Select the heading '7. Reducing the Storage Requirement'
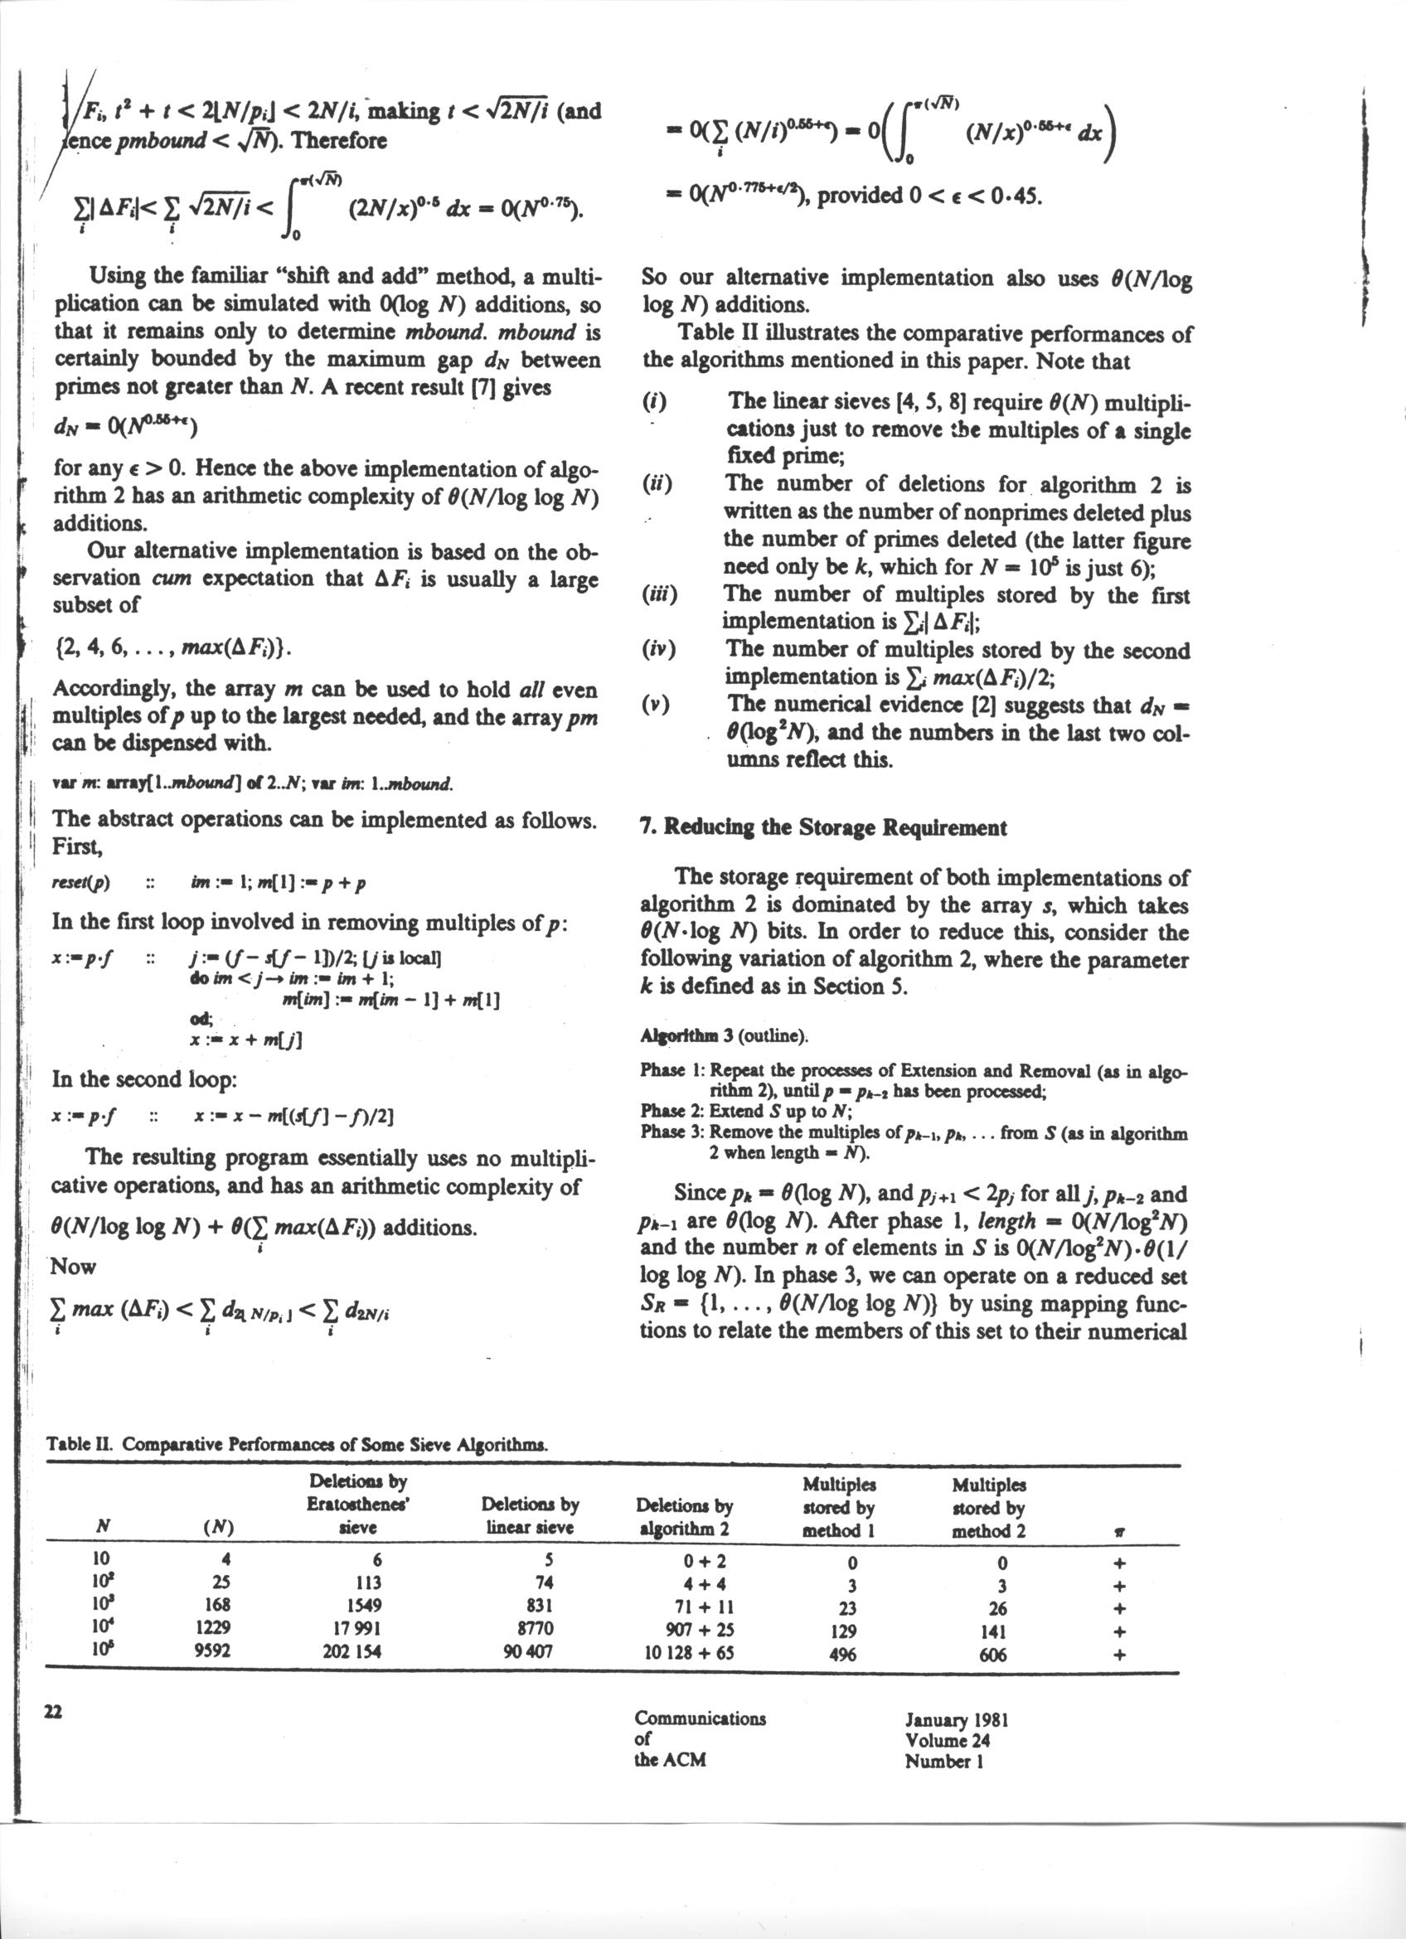823,826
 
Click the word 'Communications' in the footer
700,1718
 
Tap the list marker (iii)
659,594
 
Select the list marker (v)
657,705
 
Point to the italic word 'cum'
171,579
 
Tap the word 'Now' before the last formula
74,1266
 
